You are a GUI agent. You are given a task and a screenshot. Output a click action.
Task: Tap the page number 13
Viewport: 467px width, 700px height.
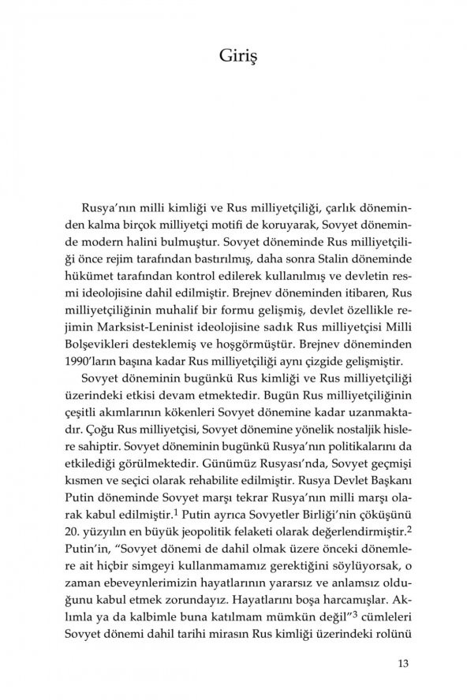point(402,661)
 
